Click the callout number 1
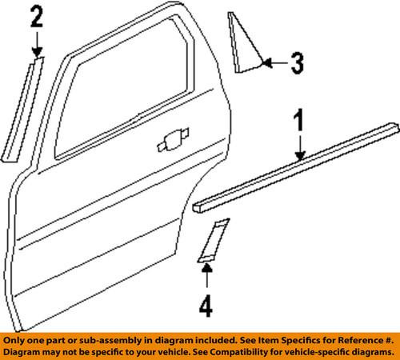(299, 122)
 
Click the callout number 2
(37, 17)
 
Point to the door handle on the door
(170, 143)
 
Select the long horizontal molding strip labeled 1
(296, 168)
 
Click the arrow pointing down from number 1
(299, 148)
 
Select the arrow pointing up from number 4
(207, 276)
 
